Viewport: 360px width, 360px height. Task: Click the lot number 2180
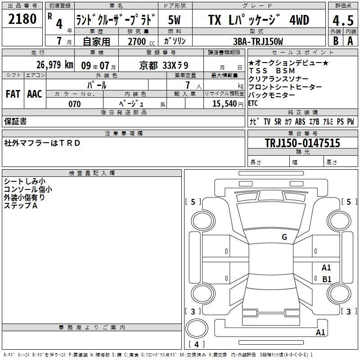click(x=22, y=18)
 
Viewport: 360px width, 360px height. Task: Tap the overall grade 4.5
click(x=343, y=20)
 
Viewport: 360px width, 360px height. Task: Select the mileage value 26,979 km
click(x=55, y=65)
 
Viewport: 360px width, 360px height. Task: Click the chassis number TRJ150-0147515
click(x=302, y=143)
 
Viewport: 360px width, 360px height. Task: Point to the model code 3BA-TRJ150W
click(x=258, y=41)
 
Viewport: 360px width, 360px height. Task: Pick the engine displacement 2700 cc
click(x=141, y=41)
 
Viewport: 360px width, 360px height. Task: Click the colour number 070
click(x=75, y=104)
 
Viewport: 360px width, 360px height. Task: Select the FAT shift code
click(x=13, y=94)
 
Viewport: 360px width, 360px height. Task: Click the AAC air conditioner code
click(x=35, y=94)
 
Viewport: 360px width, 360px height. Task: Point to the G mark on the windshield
click(x=284, y=237)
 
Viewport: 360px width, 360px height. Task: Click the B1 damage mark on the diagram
click(x=327, y=279)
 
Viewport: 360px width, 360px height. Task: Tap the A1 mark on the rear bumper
click(x=320, y=332)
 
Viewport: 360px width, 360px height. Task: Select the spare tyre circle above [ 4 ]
click(x=197, y=328)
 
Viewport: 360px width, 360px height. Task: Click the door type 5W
click(x=175, y=20)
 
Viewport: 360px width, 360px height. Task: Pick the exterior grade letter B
click(x=336, y=41)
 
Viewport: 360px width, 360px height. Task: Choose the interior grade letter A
click(x=350, y=41)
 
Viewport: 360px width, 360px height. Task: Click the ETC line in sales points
click(x=253, y=103)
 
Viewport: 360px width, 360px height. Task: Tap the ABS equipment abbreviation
click(x=300, y=121)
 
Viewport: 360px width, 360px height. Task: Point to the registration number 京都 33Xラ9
click(x=164, y=66)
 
